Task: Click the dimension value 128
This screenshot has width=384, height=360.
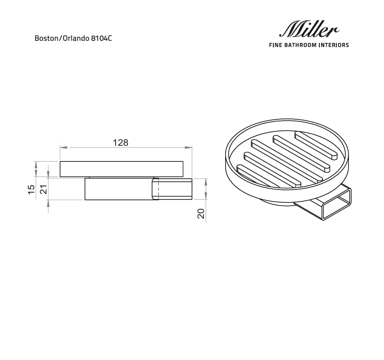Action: pos(121,143)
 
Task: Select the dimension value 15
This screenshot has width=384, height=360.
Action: pos(31,189)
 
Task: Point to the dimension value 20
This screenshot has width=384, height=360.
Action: pos(201,213)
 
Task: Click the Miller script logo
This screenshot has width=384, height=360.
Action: pos(309,30)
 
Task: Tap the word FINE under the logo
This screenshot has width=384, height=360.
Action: pos(276,45)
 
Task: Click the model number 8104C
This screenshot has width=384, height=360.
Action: pos(101,38)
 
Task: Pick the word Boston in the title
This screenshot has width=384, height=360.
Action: pos(45,38)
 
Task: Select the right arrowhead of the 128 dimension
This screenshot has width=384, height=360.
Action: pos(189,148)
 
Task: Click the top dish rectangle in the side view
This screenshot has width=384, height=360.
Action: pos(121,169)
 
